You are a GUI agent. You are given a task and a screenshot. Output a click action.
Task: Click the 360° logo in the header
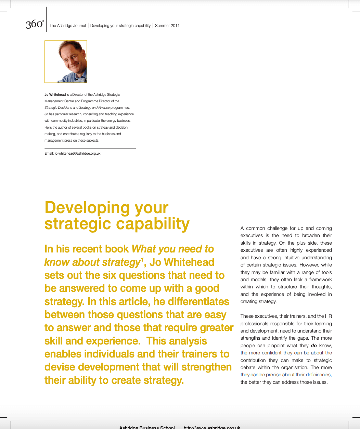click(35, 25)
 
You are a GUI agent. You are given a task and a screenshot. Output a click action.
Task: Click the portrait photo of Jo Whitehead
click(66, 62)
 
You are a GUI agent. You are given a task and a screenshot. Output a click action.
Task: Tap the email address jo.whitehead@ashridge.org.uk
click(77, 154)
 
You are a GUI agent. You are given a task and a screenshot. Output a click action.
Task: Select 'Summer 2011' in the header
click(167, 26)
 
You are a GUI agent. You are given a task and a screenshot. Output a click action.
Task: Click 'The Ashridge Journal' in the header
click(68, 26)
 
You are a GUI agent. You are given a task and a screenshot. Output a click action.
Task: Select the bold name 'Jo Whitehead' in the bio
click(55, 94)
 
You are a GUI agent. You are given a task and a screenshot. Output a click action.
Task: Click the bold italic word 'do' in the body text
click(314, 346)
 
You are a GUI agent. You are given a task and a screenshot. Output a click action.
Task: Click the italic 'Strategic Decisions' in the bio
click(58, 108)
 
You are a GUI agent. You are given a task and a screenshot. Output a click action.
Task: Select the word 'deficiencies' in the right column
click(317, 375)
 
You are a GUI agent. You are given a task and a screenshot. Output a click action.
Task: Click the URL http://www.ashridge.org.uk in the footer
click(212, 427)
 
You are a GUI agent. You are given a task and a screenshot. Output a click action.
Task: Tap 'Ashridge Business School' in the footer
click(147, 427)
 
